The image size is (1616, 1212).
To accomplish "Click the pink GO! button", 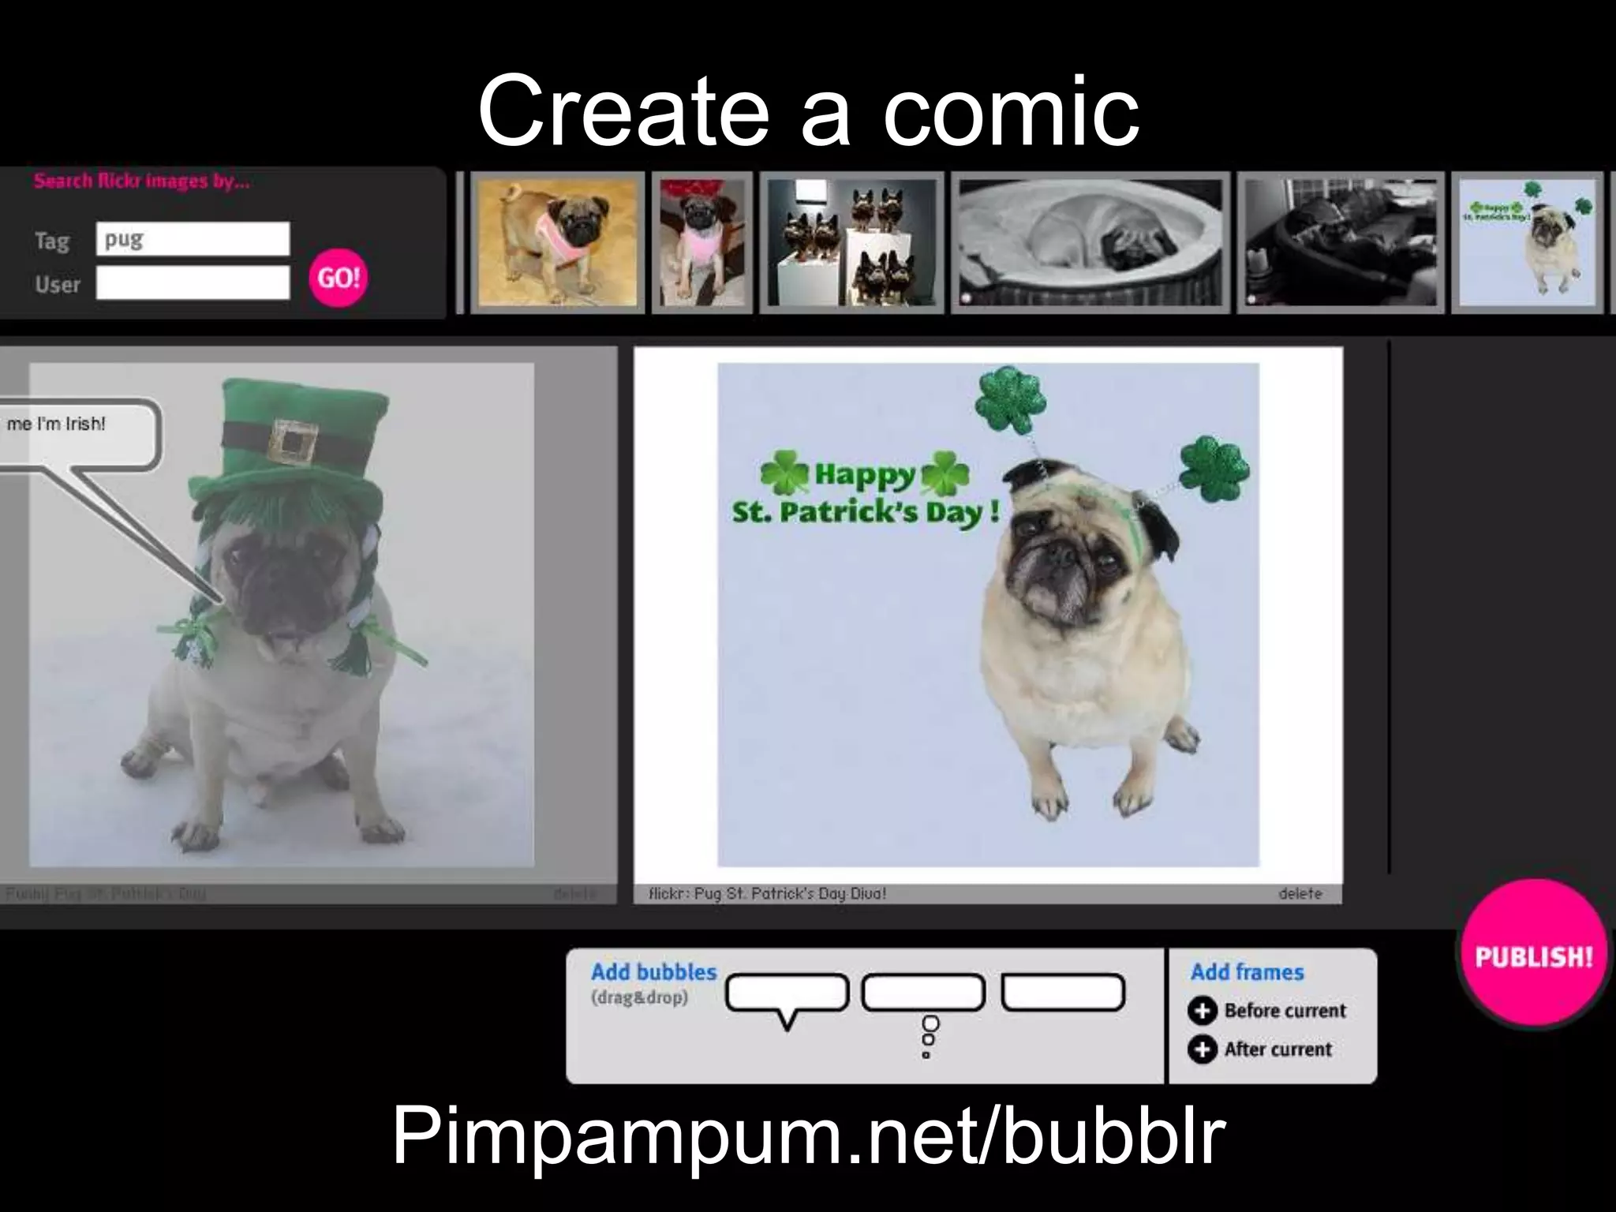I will coord(339,277).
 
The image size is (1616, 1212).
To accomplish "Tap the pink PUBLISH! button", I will coord(1533,956).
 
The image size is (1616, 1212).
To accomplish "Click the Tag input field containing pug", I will coord(193,239).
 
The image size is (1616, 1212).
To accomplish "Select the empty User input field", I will coord(193,282).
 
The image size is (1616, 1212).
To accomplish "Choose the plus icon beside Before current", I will coord(1203,1011).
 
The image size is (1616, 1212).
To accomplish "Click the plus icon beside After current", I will coord(1203,1049).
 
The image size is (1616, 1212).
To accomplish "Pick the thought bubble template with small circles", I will coord(923,994).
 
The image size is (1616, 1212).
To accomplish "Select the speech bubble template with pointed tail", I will coord(787,994).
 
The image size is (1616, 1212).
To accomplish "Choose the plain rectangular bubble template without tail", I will coord(1063,993).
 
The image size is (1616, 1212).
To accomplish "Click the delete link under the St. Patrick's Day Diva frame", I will coord(1300,893).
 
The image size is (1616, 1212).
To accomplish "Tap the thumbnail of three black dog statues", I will coord(851,242).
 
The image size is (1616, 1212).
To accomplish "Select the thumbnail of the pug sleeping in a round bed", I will coord(1090,242).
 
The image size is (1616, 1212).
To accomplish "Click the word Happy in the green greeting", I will coord(864,475).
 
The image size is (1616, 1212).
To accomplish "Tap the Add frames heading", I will coord(1247,972).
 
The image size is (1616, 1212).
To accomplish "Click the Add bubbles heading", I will coord(653,972).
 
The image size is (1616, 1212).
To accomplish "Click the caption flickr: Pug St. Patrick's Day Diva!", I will coord(767,893).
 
